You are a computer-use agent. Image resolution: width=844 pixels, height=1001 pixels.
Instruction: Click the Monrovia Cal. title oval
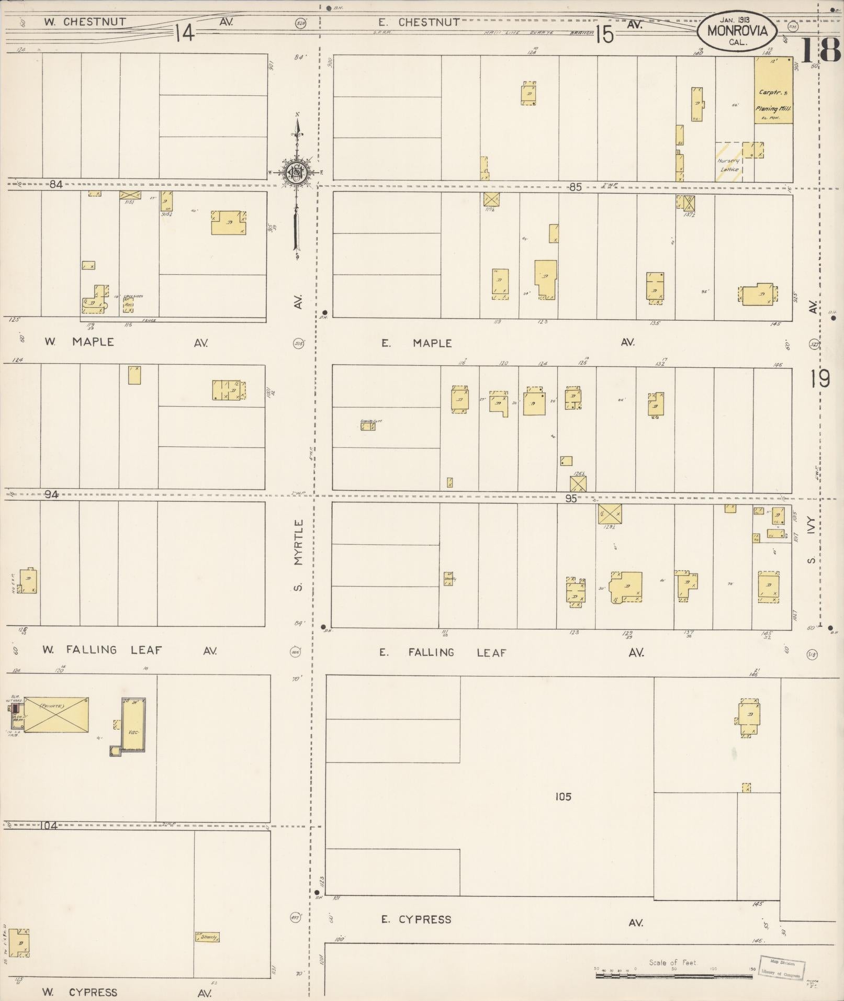[x=737, y=31]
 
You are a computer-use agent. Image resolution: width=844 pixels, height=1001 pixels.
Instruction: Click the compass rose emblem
[x=297, y=172]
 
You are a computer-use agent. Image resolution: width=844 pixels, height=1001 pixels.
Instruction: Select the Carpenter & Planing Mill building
[x=773, y=91]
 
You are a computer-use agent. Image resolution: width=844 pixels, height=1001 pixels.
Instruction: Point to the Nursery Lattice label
[x=729, y=165]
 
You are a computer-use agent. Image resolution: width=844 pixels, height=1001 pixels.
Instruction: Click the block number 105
[x=563, y=796]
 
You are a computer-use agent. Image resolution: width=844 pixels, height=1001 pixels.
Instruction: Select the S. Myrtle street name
[x=298, y=555]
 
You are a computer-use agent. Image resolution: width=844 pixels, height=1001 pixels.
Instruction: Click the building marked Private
[x=55, y=714]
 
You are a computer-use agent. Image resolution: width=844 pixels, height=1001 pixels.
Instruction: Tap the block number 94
[x=51, y=494]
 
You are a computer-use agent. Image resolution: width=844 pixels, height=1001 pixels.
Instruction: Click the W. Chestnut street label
[x=85, y=22]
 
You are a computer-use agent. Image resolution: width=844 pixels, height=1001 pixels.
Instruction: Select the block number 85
[x=575, y=187]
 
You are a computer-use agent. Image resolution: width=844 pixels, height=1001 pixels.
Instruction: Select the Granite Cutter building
[x=368, y=426]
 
